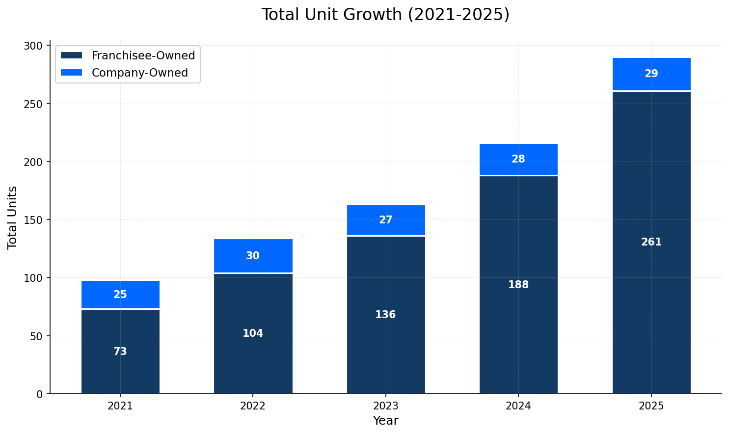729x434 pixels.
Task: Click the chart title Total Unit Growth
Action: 385,15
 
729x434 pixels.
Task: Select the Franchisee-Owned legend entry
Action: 143,55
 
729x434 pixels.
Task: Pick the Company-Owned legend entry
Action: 139,73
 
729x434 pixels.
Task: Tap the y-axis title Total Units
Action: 13,217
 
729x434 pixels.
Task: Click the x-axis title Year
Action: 385,421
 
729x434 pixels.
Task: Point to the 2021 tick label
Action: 120,406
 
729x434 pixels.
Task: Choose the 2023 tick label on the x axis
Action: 385,406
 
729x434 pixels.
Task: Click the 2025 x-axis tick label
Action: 651,406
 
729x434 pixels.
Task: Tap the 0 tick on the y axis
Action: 40,394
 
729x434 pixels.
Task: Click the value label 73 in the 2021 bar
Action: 120,352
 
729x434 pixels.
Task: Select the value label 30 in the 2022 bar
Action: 253,256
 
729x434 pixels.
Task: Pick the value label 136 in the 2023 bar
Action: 385,315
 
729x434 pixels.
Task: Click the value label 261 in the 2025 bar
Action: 651,242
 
